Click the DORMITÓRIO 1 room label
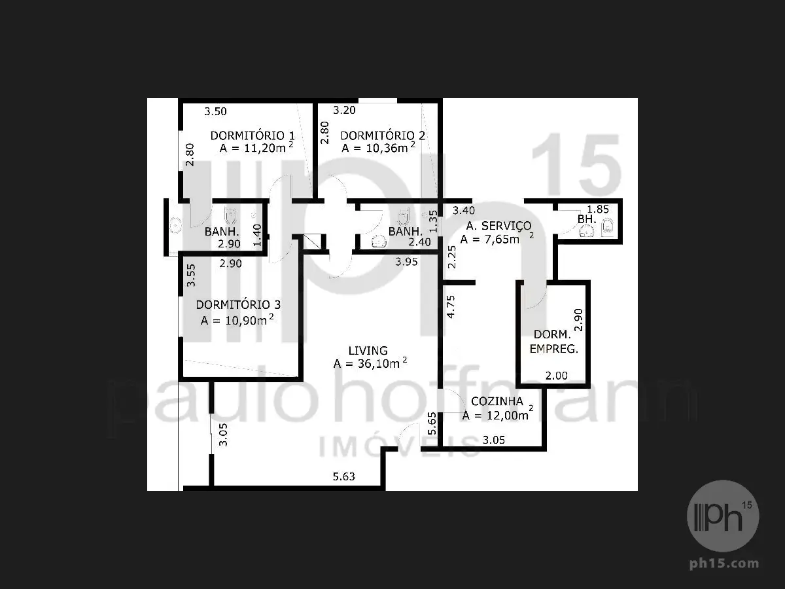tap(253, 135)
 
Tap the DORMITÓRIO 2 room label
tap(383, 135)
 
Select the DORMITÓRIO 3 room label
tap(238, 305)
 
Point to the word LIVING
tap(368, 351)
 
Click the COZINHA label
tap(497, 401)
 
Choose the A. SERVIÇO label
tap(499, 226)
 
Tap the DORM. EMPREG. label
tap(553, 342)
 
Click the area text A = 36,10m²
tap(370, 363)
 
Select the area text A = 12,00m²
tap(497, 414)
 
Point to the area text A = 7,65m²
tap(497, 238)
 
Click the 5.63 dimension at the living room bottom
tap(343, 476)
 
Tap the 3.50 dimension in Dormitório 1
tap(215, 111)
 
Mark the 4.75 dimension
tap(451, 306)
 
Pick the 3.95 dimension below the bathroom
tap(406, 262)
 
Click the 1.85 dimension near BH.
tap(598, 209)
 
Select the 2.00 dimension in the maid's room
tap(557, 376)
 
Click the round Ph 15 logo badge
tap(723, 516)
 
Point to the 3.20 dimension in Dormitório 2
tap(344, 110)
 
